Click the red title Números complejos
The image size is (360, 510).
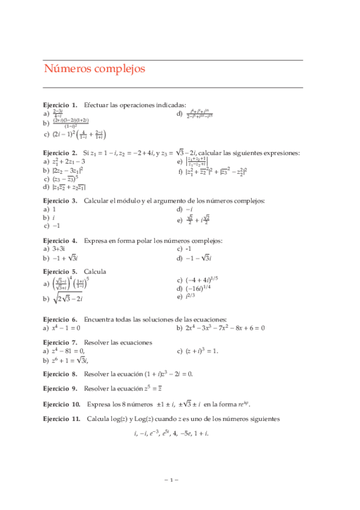(x=94, y=69)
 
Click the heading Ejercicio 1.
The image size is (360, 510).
(x=60, y=105)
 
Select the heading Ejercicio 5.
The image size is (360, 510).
(x=60, y=271)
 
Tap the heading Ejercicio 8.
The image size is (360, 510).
(x=60, y=373)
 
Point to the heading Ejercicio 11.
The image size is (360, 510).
(x=62, y=418)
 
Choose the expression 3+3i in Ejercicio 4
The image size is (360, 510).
(x=62, y=249)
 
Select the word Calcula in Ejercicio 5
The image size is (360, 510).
(x=95, y=271)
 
